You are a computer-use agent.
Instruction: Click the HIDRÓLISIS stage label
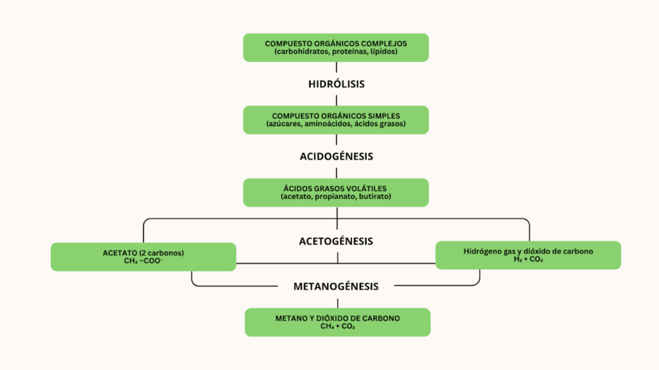click(x=336, y=84)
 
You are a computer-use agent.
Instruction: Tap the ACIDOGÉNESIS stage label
click(x=336, y=156)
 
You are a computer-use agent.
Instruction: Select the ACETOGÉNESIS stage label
click(x=336, y=241)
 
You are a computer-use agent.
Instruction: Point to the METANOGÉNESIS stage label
click(x=336, y=286)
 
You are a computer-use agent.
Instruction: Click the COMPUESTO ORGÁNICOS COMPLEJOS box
click(x=336, y=48)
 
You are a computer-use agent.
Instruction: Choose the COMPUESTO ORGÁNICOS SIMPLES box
click(x=336, y=120)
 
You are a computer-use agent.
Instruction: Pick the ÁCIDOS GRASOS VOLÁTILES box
click(x=336, y=192)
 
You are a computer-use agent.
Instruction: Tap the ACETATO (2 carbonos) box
click(x=143, y=257)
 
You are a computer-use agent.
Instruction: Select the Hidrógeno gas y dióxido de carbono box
click(x=528, y=255)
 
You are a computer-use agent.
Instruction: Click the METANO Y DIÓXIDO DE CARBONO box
click(x=337, y=322)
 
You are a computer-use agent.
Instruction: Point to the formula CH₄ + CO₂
click(x=337, y=327)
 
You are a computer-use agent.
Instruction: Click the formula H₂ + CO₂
click(x=528, y=259)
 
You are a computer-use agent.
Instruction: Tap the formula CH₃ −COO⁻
click(x=143, y=261)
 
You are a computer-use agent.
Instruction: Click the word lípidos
click(x=385, y=51)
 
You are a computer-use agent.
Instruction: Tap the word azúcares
click(x=284, y=124)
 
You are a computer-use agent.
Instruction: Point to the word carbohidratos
click(x=304, y=51)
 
